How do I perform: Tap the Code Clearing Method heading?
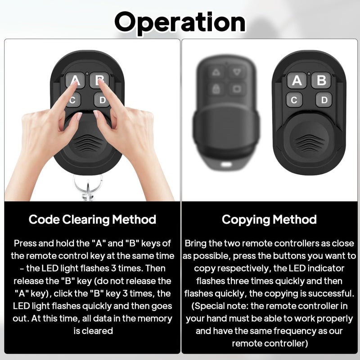coord(92,220)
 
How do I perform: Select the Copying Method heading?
coord(269,220)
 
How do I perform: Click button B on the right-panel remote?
coord(321,81)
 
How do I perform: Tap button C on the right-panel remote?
coord(294,100)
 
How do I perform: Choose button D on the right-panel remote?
coord(324,100)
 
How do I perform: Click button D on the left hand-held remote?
coord(102,100)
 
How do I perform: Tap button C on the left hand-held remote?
coord(73,100)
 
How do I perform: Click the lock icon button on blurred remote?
coord(216,89)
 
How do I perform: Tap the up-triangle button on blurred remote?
coord(216,72)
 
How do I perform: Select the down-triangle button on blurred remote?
coord(237,72)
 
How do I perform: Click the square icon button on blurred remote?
coord(237,89)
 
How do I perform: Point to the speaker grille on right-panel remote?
coord(309,143)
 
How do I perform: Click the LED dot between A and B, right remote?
coord(309,74)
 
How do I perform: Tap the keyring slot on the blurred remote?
coord(226,164)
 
